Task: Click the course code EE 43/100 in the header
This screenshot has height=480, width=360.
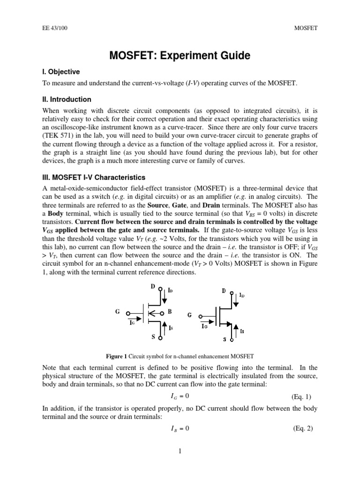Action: (x=52, y=28)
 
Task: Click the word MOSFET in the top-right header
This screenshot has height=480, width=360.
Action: (x=306, y=28)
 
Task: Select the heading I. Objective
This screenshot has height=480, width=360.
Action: (x=61, y=72)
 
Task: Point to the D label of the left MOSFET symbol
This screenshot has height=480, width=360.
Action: (x=153, y=285)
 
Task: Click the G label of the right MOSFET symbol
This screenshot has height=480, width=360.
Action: (x=189, y=315)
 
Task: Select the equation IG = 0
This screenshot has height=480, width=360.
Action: (x=179, y=397)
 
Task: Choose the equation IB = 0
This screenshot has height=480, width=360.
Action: (x=179, y=428)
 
